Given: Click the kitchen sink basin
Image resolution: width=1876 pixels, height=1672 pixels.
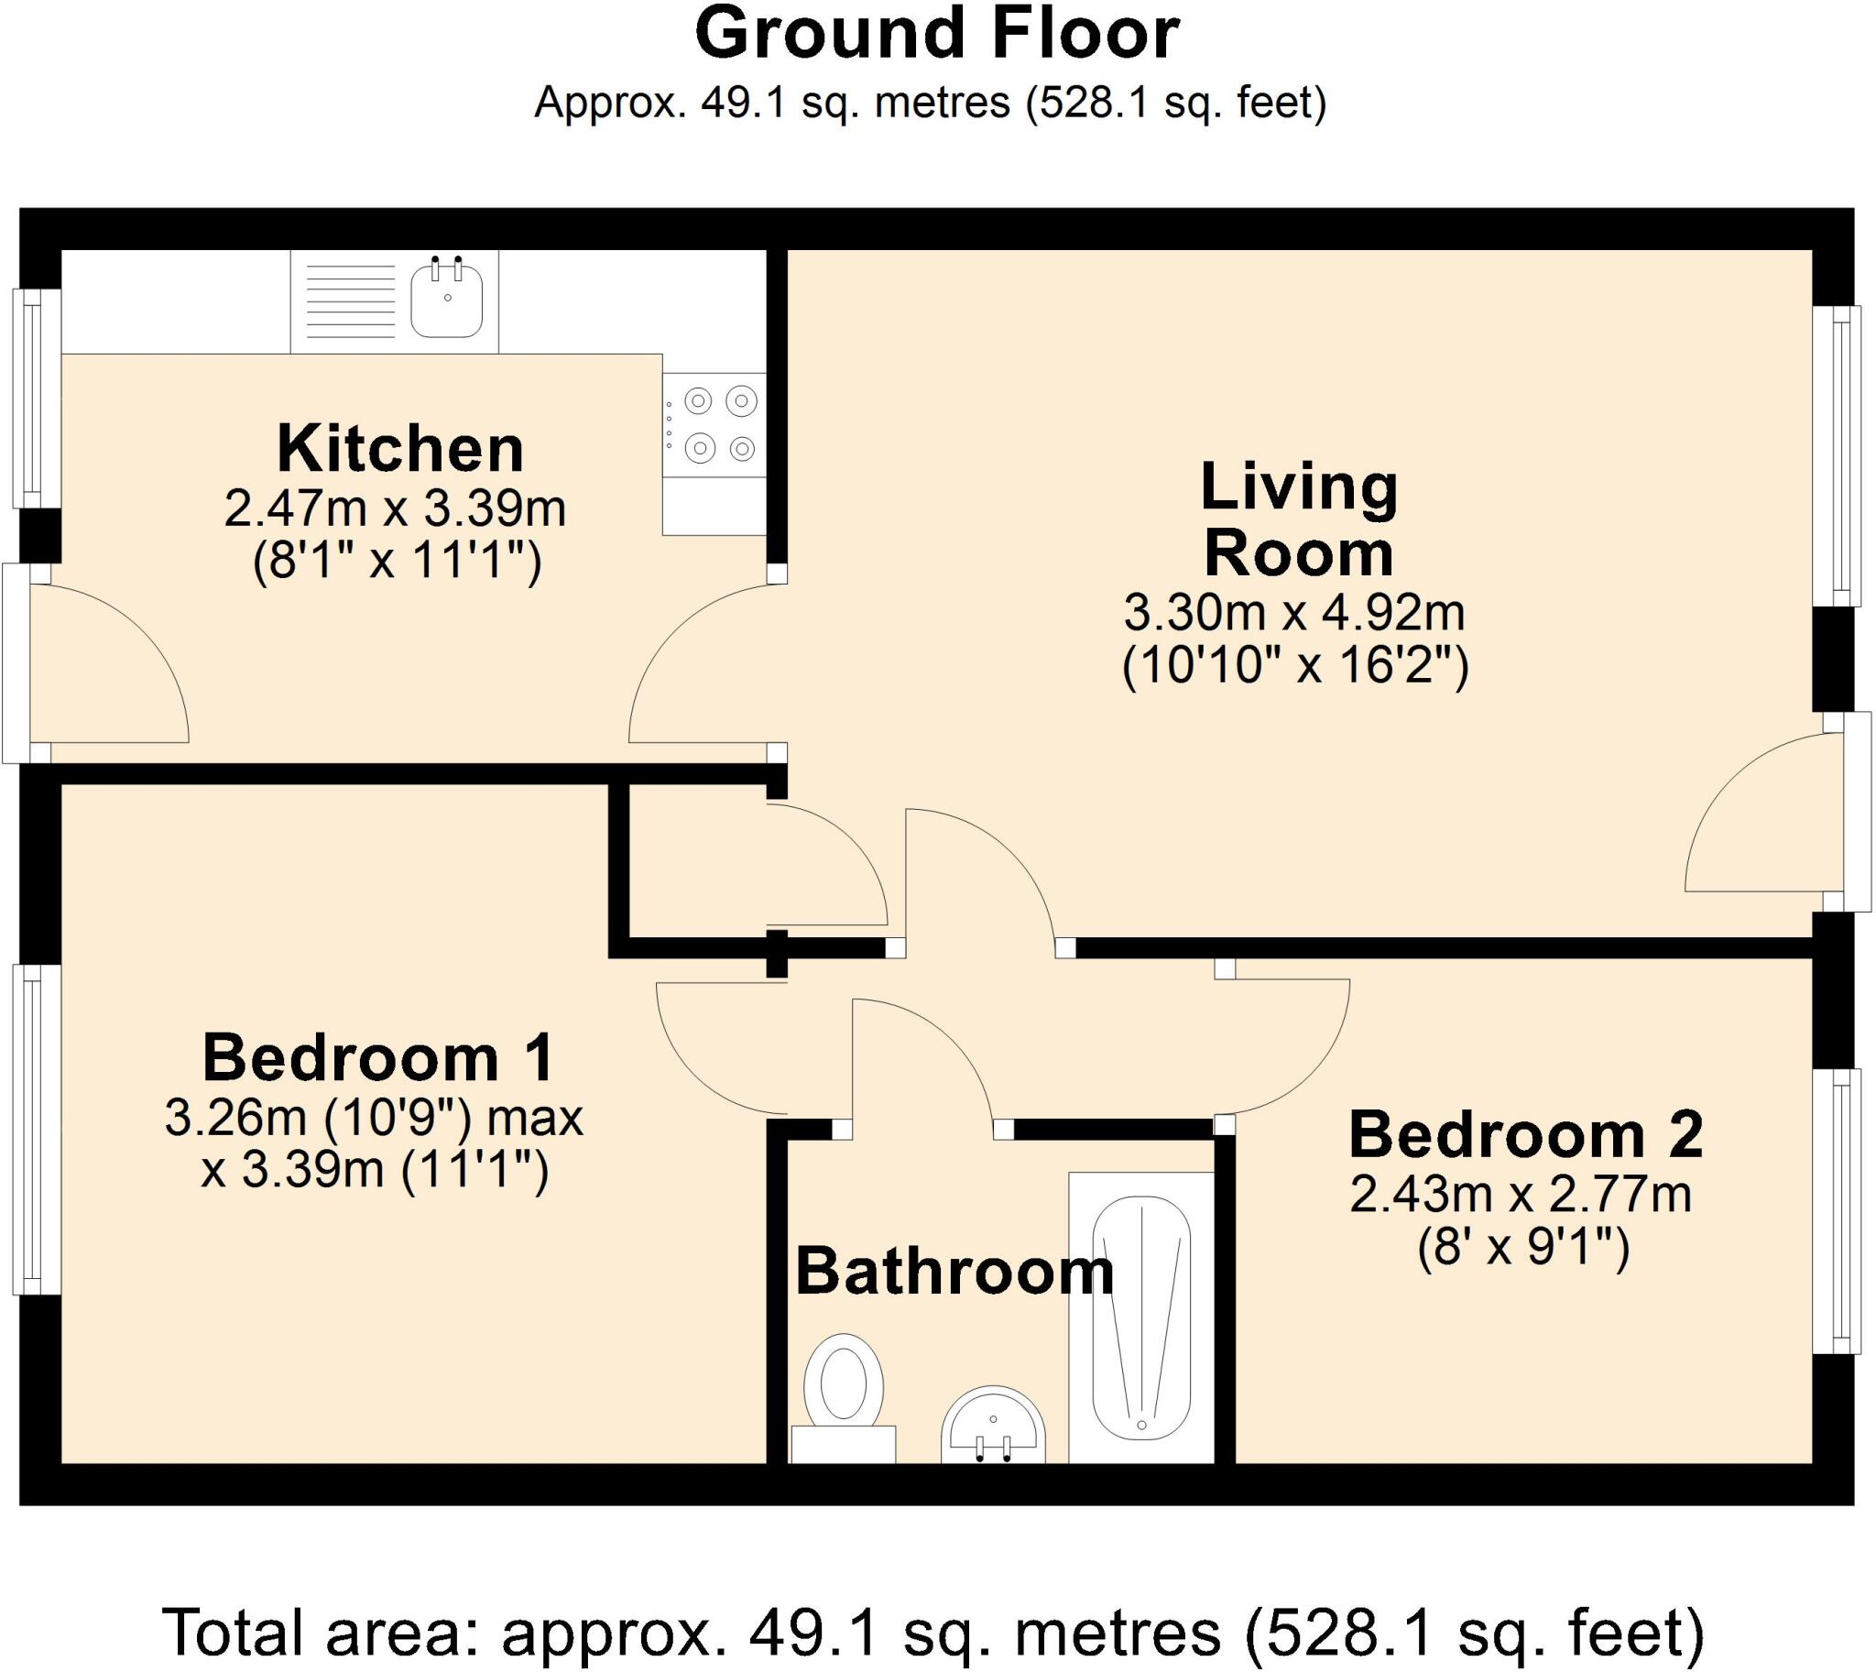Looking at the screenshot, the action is [x=446, y=298].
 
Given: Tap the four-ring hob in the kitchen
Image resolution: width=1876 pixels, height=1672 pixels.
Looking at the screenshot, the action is [x=714, y=424].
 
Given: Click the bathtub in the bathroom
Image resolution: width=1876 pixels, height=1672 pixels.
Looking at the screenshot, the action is [x=1141, y=1317].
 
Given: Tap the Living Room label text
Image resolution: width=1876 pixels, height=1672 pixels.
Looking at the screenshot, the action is [x=1299, y=520].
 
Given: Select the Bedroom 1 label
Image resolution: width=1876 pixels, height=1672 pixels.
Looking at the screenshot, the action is [x=378, y=1057].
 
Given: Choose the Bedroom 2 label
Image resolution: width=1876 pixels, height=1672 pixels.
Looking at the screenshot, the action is [x=1526, y=1134].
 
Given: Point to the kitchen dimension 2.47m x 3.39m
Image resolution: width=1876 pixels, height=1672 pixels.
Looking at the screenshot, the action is [x=395, y=509].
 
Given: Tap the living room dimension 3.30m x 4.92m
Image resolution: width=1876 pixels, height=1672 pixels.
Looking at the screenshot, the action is [x=1294, y=613].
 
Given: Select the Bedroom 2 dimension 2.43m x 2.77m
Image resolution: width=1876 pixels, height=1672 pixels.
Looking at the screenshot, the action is [x=1522, y=1197].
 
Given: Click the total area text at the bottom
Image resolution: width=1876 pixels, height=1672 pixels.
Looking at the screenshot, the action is [x=933, y=1633].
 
